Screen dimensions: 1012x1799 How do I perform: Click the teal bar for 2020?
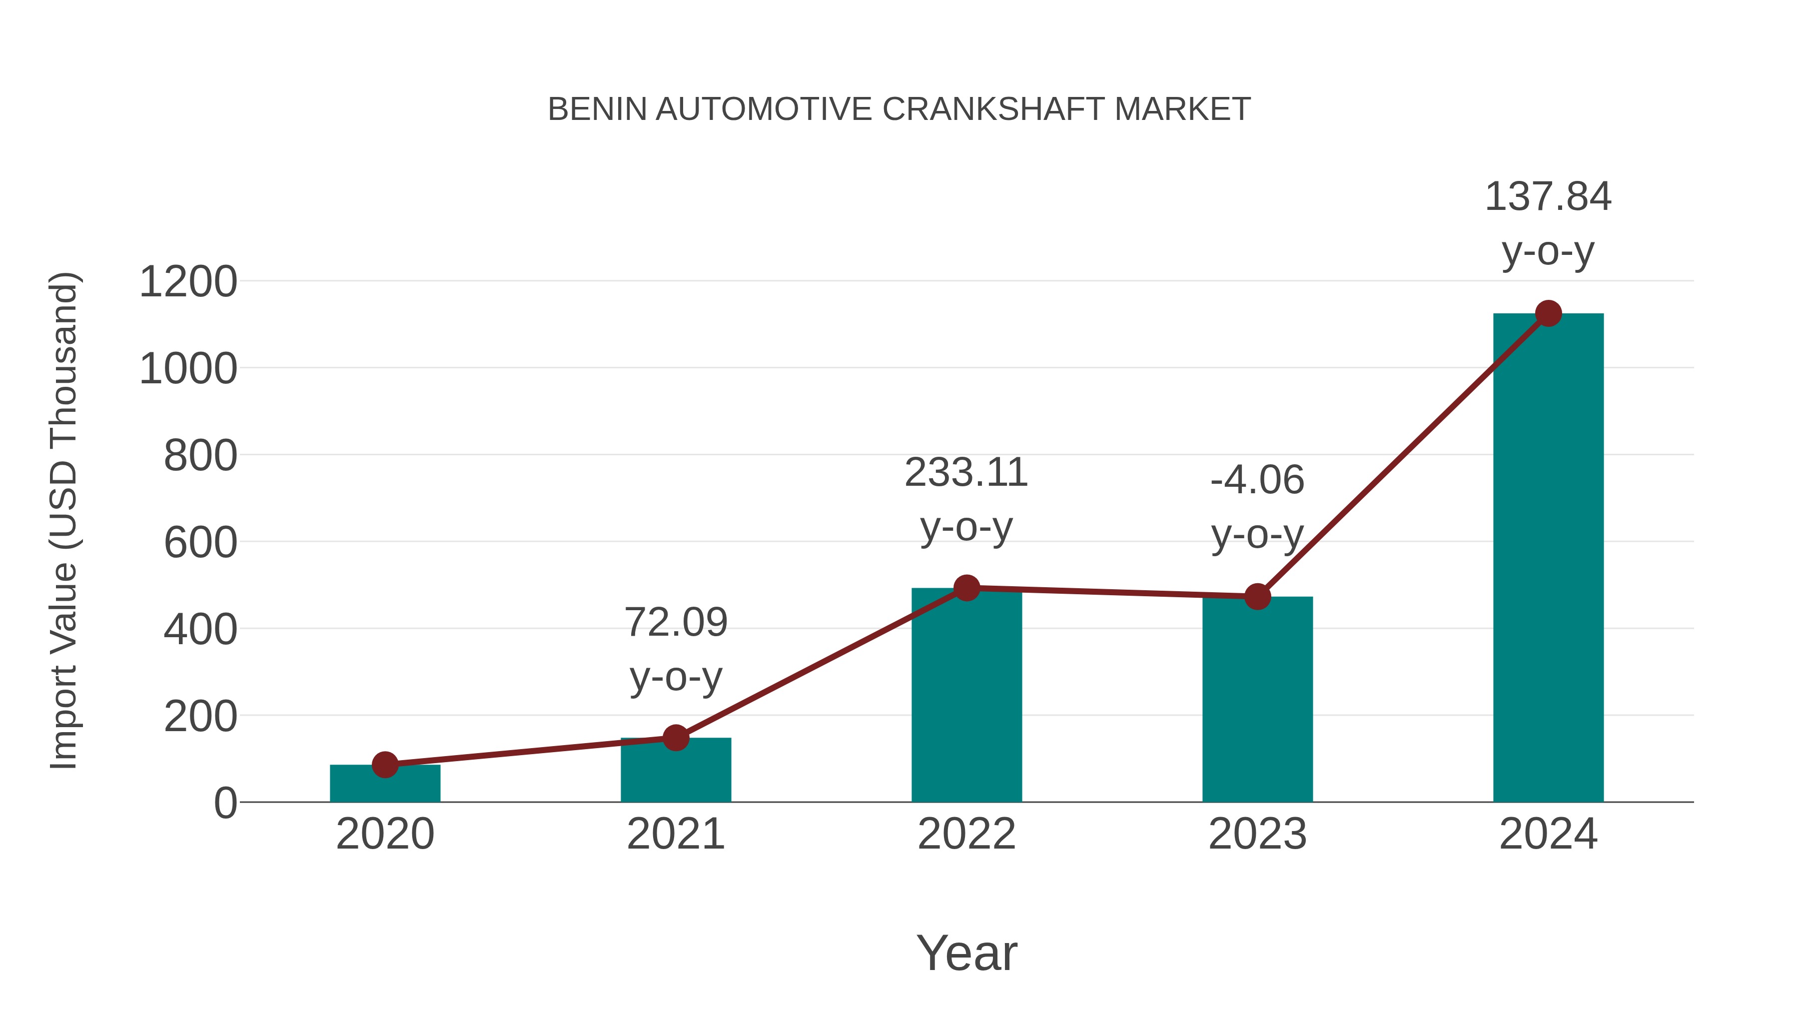click(385, 786)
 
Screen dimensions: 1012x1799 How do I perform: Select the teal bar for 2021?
click(675, 772)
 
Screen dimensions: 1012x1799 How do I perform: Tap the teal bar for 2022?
click(966, 699)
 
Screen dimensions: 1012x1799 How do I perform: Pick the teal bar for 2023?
click(1257, 702)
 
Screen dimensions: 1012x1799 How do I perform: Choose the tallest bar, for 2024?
click(1548, 559)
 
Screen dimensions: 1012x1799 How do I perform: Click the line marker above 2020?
click(385, 765)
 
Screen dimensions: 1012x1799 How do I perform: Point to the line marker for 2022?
click(966, 588)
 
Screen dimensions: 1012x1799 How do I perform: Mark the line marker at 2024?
click(1548, 313)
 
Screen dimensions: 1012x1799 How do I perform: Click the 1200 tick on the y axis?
click(188, 282)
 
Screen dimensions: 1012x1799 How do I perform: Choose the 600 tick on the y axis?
click(200, 543)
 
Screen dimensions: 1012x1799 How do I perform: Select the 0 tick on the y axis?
click(225, 803)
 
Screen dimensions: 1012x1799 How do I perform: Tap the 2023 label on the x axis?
click(1257, 834)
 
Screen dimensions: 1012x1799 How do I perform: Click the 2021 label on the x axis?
click(675, 834)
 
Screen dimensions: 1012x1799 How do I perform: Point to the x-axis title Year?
click(966, 953)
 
